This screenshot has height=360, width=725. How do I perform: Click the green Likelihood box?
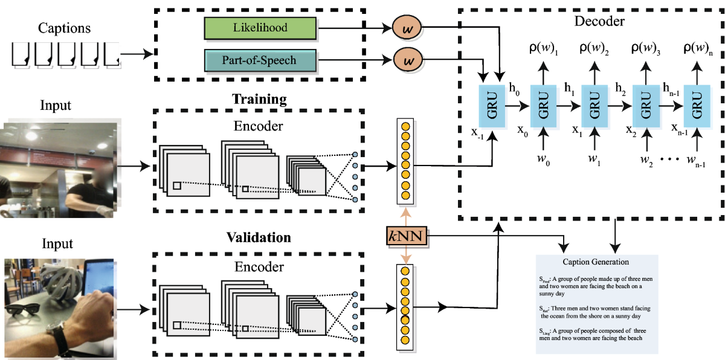point(261,28)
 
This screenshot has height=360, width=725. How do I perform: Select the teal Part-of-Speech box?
point(261,61)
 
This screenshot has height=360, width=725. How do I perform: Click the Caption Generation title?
point(596,262)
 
